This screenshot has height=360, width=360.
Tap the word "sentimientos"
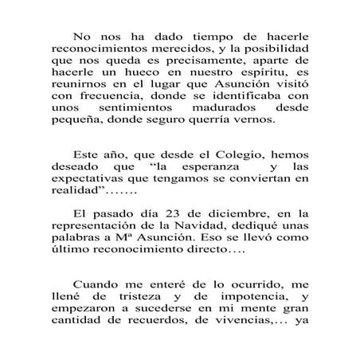click(x=151, y=123)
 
